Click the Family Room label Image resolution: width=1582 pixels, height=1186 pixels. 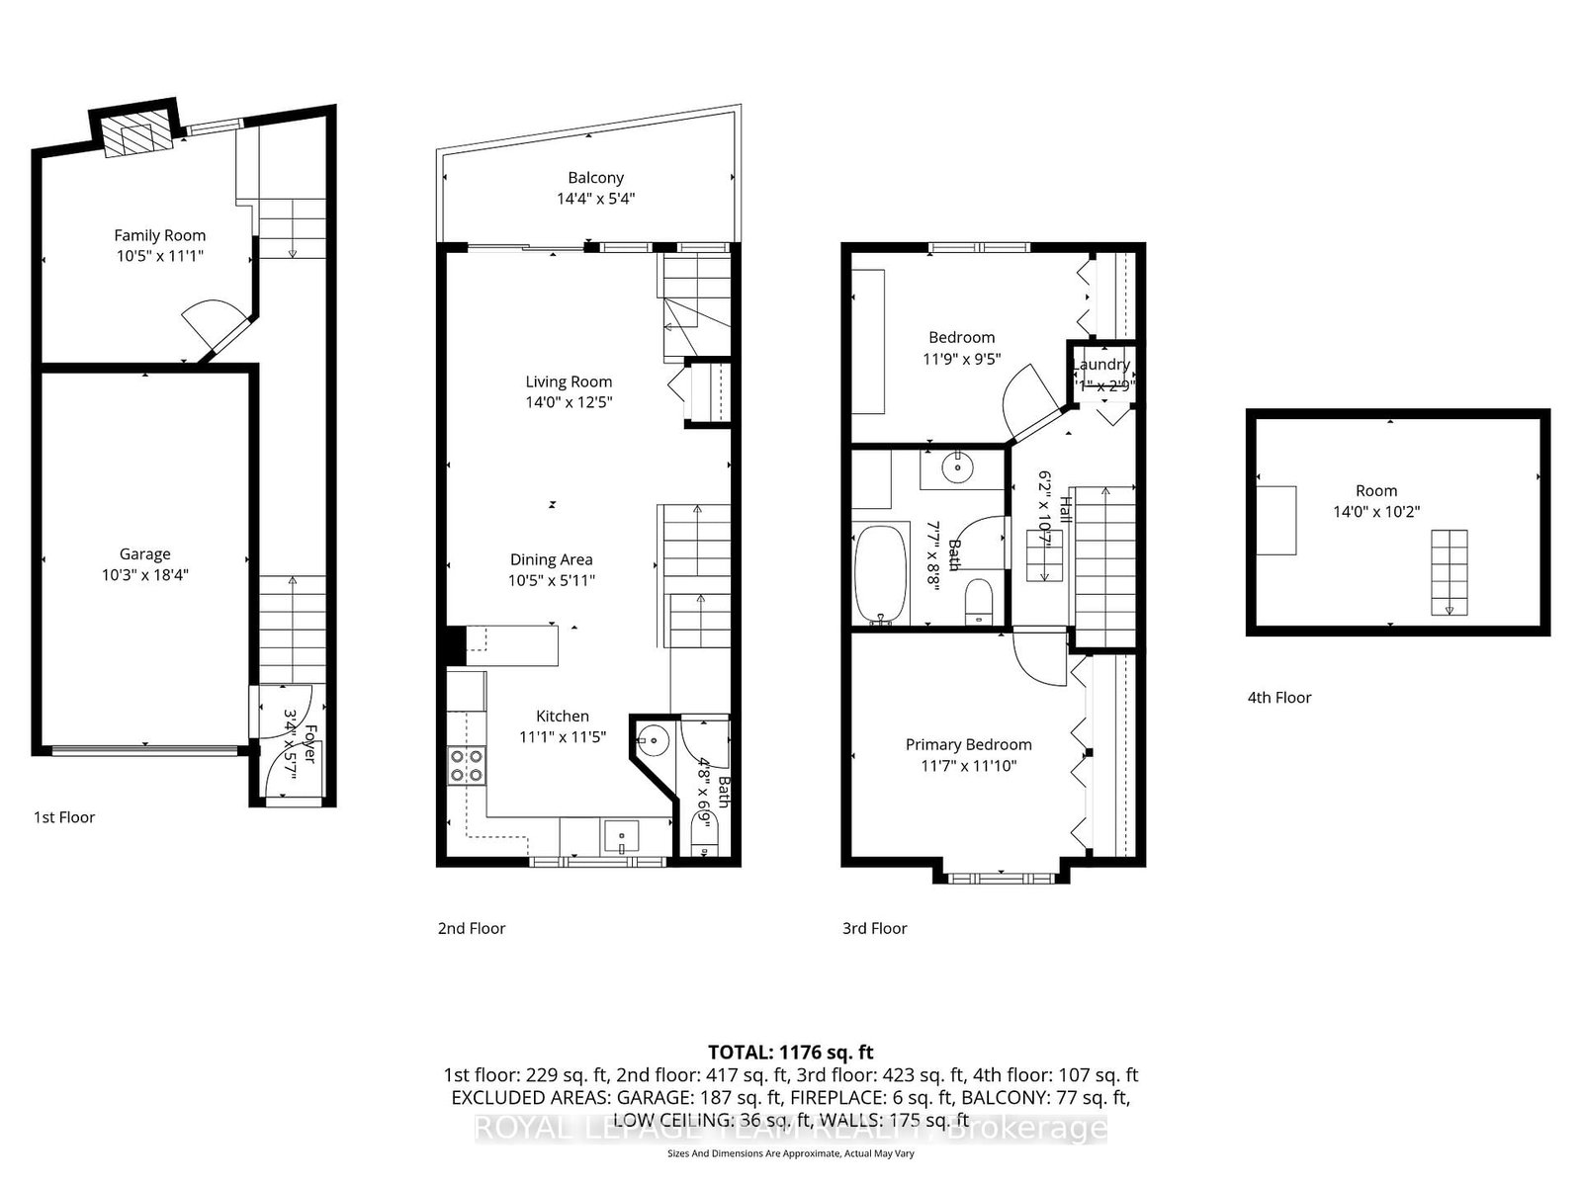pos(159,235)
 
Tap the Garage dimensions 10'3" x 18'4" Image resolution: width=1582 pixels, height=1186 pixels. pos(145,574)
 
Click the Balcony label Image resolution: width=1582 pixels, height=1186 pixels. pos(595,178)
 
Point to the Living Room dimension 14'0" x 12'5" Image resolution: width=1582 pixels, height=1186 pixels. pos(569,402)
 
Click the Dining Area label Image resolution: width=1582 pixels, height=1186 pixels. pos(551,559)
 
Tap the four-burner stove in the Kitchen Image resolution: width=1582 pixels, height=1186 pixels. pos(467,766)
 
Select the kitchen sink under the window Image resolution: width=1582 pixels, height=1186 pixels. pos(621,836)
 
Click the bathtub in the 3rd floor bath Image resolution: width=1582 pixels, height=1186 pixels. pos(879,575)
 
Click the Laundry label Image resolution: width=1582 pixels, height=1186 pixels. pos(1100,365)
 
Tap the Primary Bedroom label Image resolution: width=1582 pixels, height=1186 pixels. pos(968,744)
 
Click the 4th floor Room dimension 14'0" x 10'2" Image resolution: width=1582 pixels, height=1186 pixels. pos(1376,512)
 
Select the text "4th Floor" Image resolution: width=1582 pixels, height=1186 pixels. pos(1278,698)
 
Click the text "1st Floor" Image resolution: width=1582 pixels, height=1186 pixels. pos(64,817)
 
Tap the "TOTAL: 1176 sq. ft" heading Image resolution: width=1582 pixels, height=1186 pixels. pos(790,1053)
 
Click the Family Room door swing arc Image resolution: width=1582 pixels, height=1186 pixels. pos(204,321)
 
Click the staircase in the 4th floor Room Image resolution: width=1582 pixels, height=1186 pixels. pos(1449,571)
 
